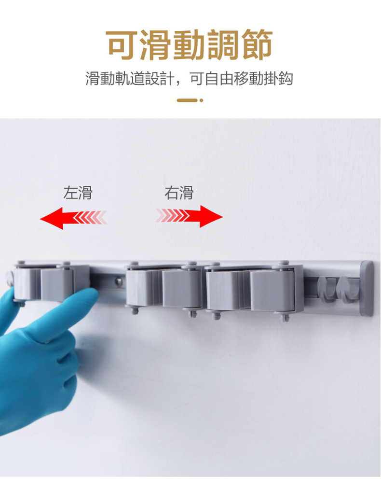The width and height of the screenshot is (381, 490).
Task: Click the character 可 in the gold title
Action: [x=122, y=44]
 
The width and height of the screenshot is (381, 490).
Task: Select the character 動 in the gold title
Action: [x=189, y=44]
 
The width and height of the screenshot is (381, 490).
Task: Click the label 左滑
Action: [x=78, y=193]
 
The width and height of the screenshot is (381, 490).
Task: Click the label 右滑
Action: [x=179, y=193]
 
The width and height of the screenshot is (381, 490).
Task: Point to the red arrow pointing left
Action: [x=73, y=218]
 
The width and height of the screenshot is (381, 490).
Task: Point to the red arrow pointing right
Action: [x=189, y=216]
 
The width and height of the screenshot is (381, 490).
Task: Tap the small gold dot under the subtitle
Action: [x=202, y=100]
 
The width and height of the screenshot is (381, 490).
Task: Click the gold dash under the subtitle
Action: [x=187, y=100]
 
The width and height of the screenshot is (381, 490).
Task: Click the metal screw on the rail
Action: [x=118, y=281]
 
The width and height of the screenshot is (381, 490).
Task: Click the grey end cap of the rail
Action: [x=367, y=288]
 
